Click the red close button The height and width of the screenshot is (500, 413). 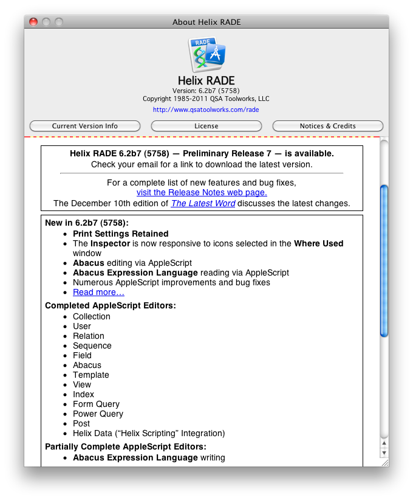pos(33,22)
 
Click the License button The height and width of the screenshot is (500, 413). pos(206,126)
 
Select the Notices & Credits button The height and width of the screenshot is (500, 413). pos(327,126)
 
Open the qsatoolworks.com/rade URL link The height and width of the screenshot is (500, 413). pos(206,110)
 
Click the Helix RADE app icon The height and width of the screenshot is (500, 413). pos(206,55)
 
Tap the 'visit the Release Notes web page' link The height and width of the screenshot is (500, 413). pos(202,192)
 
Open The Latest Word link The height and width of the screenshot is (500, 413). pos(203,203)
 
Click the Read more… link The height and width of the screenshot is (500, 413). pos(98,293)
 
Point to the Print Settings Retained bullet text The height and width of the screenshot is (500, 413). pos(120,234)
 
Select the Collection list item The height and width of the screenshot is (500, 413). pos(92,316)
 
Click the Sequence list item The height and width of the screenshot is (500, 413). pos(92,345)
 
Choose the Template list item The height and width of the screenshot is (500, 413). pos(91,375)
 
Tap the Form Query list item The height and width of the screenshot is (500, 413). pos(96,404)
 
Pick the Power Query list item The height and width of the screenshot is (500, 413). pos(98,414)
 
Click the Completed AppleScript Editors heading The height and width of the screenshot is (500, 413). pos(111,305)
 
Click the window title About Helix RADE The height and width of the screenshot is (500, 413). pos(206,22)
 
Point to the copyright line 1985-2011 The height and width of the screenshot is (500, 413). pos(206,99)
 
